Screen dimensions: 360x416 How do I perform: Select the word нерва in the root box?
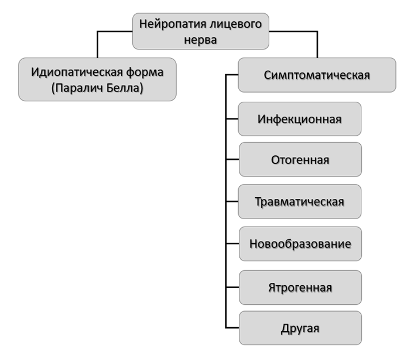[x=201, y=40]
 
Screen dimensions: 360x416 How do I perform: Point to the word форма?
[x=148, y=72]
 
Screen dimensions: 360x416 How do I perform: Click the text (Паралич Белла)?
[x=97, y=89]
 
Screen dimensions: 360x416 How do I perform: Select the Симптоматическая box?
[x=316, y=75]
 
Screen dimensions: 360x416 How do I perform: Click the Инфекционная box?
[x=300, y=119]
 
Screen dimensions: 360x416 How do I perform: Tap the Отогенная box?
[x=300, y=160]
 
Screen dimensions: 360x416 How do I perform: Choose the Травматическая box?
[x=300, y=202]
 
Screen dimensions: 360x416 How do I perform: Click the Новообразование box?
[x=300, y=244]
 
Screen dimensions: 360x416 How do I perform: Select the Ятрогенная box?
[x=300, y=287]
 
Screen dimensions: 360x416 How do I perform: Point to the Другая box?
[x=300, y=328]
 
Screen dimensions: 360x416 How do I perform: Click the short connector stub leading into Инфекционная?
[x=232, y=119]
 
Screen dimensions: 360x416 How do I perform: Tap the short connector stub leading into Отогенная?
[x=232, y=160]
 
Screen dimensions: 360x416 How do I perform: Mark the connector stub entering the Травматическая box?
[x=232, y=202]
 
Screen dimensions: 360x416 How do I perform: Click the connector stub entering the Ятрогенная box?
[x=232, y=287]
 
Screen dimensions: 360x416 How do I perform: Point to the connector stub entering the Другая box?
[x=232, y=328]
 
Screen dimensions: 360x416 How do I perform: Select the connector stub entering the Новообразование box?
[x=232, y=244]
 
